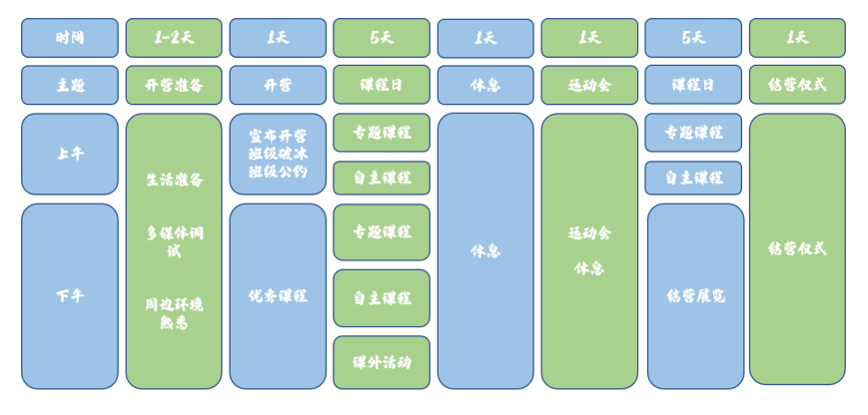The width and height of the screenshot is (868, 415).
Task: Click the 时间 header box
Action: tap(70, 38)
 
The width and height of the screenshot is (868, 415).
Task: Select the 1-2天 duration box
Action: tap(174, 38)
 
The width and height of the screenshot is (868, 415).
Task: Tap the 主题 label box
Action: tap(70, 85)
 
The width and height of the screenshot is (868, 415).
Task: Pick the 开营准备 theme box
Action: tap(174, 85)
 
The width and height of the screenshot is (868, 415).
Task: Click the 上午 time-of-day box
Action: tap(70, 154)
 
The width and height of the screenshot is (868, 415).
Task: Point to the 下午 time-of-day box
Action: tap(70, 295)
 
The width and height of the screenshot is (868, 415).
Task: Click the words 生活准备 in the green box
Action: tap(174, 180)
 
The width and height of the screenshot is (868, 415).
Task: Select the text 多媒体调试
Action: tap(174, 241)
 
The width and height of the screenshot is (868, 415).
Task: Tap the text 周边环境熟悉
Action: tap(174, 312)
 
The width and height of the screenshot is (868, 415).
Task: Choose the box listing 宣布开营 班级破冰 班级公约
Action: tap(278, 154)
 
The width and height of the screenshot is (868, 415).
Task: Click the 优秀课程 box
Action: tap(278, 295)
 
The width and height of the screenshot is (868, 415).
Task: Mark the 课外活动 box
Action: tap(382, 362)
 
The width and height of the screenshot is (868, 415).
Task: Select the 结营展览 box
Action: tap(695, 295)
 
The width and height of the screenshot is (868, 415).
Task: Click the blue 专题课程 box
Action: tap(693, 132)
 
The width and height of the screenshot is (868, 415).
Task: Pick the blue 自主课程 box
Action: tap(693, 178)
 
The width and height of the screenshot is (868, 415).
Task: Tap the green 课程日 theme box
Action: tap(382, 85)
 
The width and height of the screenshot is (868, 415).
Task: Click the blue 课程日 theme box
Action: tap(693, 85)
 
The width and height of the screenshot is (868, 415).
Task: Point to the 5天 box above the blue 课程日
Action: tap(693, 38)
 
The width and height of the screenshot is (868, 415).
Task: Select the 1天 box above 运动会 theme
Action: tap(589, 38)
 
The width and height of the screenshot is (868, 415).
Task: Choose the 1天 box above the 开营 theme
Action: tap(278, 38)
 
